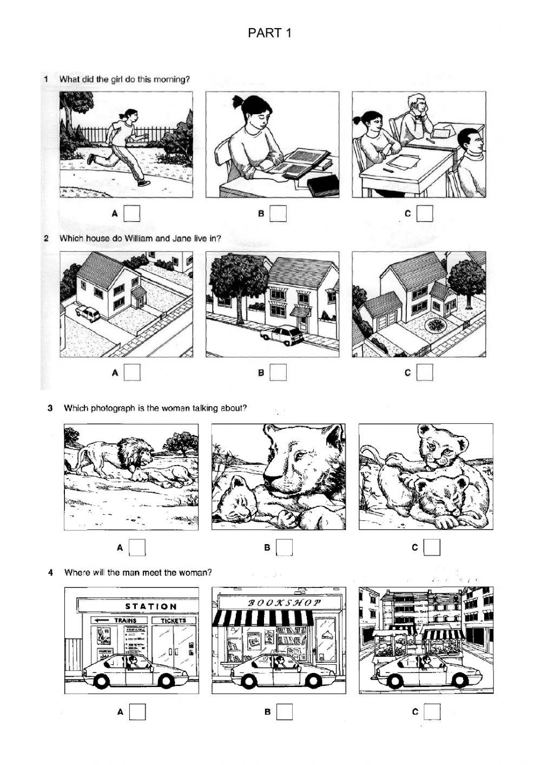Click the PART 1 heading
click(x=270, y=34)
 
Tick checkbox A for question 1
click(x=132, y=213)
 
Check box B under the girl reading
click(x=278, y=213)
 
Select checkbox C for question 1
click(x=425, y=213)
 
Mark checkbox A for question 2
click(x=132, y=372)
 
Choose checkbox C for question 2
click(x=425, y=372)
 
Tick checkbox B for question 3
click(x=285, y=547)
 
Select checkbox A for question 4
click(x=137, y=711)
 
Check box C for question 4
click(x=432, y=711)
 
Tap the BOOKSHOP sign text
click(x=284, y=603)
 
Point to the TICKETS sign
click(x=173, y=620)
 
